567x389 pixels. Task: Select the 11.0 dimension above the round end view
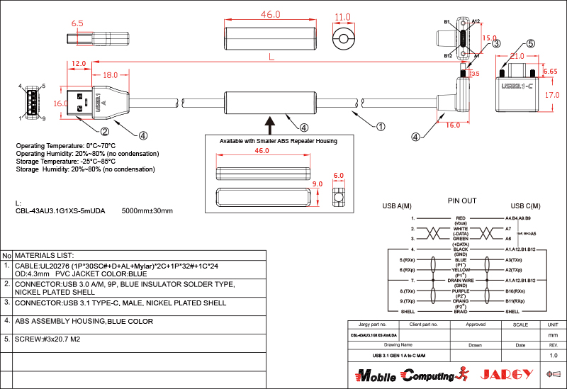(x=343, y=17)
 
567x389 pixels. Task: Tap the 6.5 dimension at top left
(x=77, y=23)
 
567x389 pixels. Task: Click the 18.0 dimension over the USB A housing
(x=111, y=75)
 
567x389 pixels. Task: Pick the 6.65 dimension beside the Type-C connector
(x=550, y=72)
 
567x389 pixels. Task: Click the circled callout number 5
(x=531, y=43)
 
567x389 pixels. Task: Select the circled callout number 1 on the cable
(x=381, y=127)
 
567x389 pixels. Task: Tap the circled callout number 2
(x=104, y=131)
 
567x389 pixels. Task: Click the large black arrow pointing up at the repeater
(x=270, y=124)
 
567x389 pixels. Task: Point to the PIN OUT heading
(x=461, y=201)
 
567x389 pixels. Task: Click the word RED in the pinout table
(x=461, y=218)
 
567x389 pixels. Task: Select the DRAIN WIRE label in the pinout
(x=461, y=281)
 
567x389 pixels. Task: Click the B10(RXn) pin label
(x=515, y=291)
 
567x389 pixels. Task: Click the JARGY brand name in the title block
(x=505, y=374)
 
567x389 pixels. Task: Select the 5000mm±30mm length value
(x=147, y=211)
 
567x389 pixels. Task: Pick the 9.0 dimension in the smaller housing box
(x=318, y=184)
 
